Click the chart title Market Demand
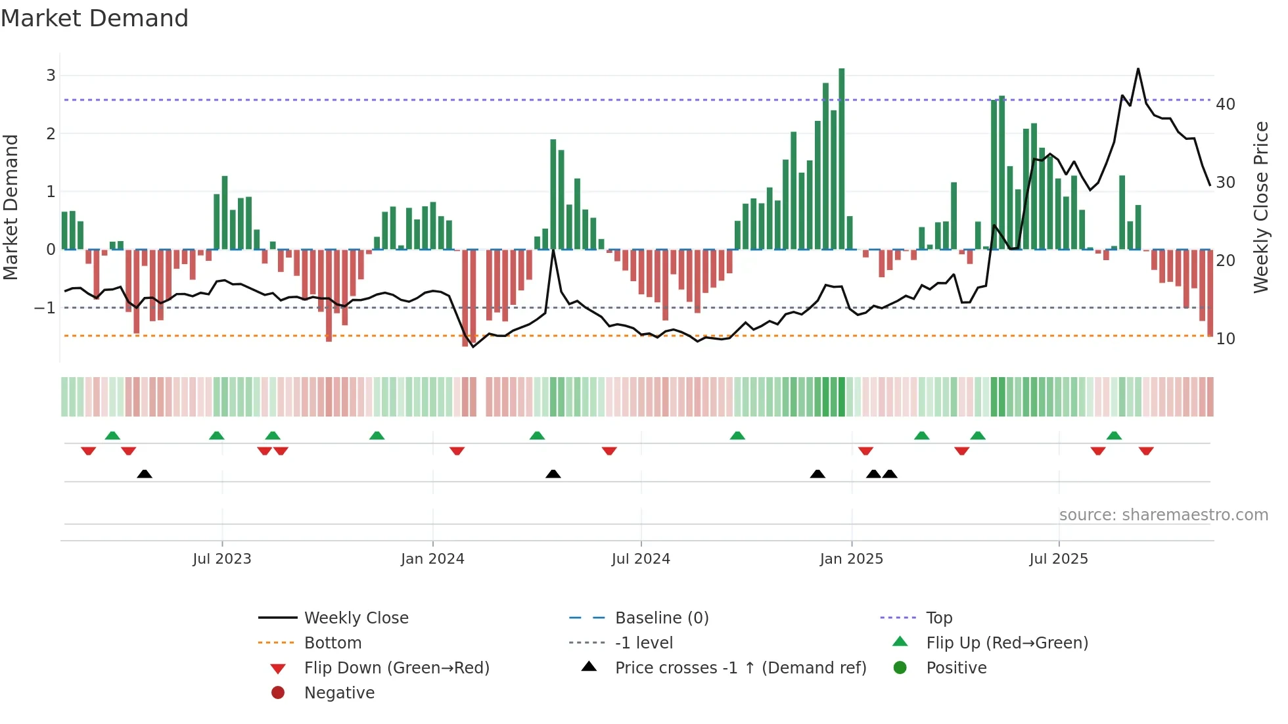click(95, 18)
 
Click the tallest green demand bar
click(842, 158)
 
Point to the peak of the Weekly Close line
click(1138, 69)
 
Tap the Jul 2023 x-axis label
click(222, 559)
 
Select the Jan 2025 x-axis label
click(852, 559)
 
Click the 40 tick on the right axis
click(1226, 104)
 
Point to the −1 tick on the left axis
click(45, 307)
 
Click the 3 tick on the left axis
click(51, 76)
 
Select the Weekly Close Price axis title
click(1260, 207)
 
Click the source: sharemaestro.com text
click(1163, 515)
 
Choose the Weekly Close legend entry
click(356, 618)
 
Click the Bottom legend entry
click(333, 643)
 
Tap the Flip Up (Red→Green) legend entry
click(1007, 643)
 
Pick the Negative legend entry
click(339, 693)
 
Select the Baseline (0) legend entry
click(662, 618)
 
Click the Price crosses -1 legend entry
click(741, 668)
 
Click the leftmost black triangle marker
click(145, 474)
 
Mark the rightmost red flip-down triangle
click(1146, 451)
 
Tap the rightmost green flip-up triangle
click(1114, 436)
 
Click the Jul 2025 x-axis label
click(1059, 559)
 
